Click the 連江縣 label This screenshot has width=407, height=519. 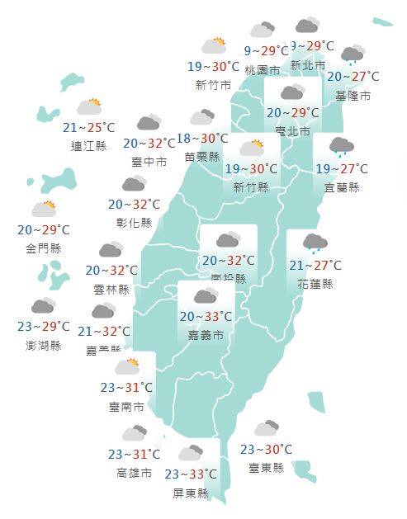[x=89, y=146]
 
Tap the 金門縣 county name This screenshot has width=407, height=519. [x=44, y=248]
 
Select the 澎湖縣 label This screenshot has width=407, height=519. [x=44, y=346]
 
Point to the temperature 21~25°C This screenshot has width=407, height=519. [x=89, y=127]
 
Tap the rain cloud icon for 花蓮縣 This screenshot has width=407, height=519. [x=315, y=243]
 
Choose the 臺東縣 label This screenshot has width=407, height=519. [x=266, y=468]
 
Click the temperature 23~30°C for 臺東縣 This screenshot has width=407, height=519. [x=266, y=450]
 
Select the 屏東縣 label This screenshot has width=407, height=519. [x=191, y=493]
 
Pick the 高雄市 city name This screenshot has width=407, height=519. [x=134, y=474]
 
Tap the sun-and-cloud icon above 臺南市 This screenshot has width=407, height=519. [x=128, y=366]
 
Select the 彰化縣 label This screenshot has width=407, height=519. [x=135, y=223]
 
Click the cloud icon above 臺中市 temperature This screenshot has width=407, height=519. [x=149, y=123]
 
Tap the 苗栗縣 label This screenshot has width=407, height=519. [x=202, y=157]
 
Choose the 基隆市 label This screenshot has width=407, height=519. [x=353, y=96]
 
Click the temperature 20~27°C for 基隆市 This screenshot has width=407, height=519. [x=353, y=77]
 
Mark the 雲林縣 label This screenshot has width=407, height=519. [x=112, y=290]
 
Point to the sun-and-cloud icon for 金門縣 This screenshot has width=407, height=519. [x=44, y=209]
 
